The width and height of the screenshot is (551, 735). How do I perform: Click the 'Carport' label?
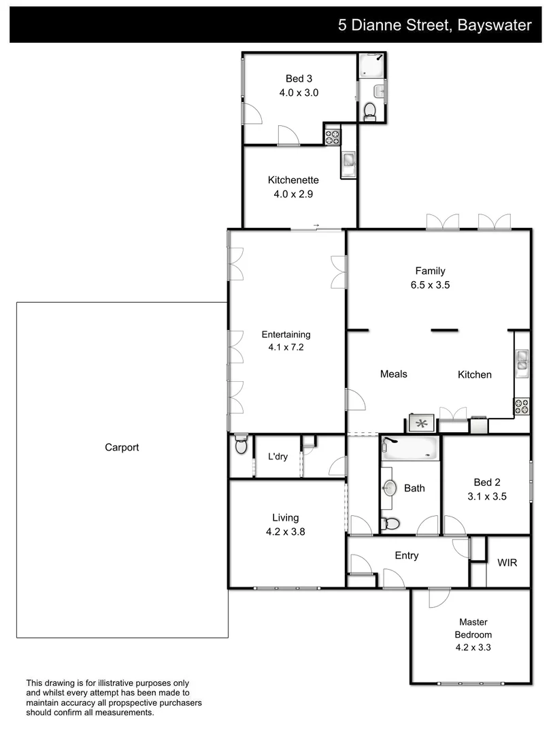tap(122, 447)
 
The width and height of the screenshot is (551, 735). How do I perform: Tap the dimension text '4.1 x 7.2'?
tap(286, 346)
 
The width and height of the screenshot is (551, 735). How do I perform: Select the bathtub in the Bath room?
tap(410, 448)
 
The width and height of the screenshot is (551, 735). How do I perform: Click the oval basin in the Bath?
tap(390, 488)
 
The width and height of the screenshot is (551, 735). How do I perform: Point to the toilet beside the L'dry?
tap(241, 445)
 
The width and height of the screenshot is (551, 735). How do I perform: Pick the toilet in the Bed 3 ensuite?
tap(371, 111)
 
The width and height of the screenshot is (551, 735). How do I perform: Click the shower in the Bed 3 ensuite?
tap(371, 65)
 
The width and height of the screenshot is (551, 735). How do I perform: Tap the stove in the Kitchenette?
tap(332, 136)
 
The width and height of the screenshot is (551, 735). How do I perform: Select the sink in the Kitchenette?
tap(348, 161)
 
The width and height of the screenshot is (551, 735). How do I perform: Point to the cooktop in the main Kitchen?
tap(522, 406)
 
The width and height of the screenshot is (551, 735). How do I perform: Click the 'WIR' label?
tap(507, 563)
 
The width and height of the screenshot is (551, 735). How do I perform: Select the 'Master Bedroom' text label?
tap(473, 628)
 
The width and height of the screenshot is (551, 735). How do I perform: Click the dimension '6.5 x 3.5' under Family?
tap(430, 285)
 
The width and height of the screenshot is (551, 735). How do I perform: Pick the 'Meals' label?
tap(393, 374)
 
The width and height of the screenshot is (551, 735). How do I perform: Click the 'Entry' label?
tap(407, 555)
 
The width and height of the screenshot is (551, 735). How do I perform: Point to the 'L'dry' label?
tap(277, 457)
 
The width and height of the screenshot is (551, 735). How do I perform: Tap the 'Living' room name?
tap(286, 518)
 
